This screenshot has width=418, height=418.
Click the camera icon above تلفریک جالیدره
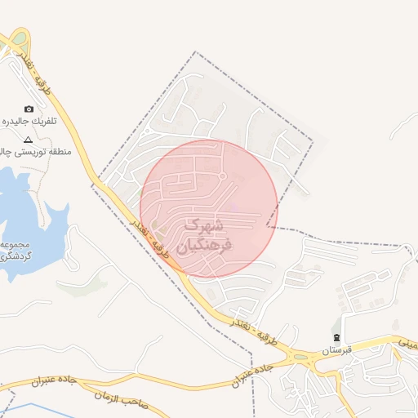pyautogui.click(x=29, y=109)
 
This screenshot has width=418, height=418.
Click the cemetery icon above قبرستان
pyautogui.click(x=336, y=338)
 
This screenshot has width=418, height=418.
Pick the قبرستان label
pyautogui.click(x=336, y=350)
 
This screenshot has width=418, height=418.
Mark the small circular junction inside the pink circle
pyautogui.click(x=222, y=176)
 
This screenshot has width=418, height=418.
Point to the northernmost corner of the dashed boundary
pyautogui.click(x=195, y=52)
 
